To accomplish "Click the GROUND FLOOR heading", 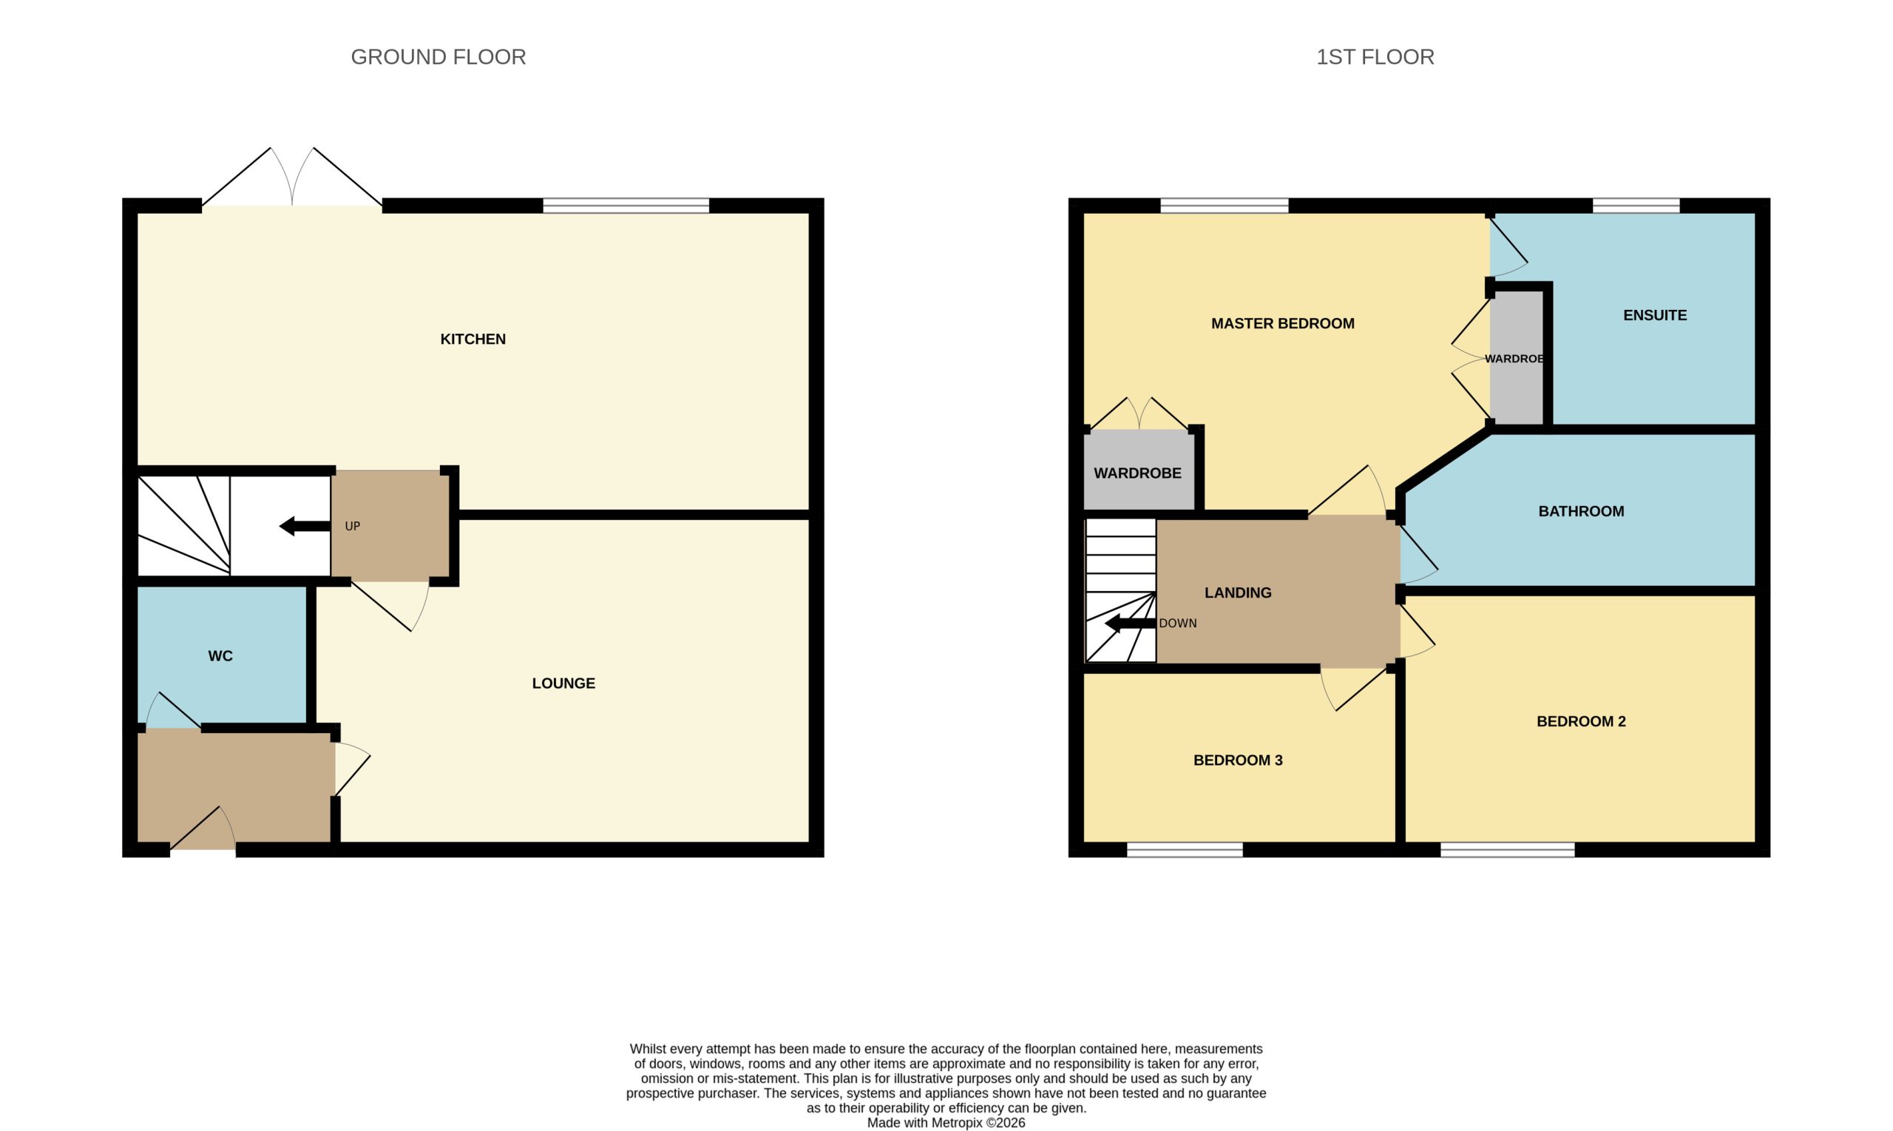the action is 438,57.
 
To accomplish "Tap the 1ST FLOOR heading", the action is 1375,57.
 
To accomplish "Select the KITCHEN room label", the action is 473,339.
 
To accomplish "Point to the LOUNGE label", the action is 563,683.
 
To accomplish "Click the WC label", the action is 220,656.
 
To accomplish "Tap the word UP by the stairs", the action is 352,527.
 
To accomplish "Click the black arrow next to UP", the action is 305,526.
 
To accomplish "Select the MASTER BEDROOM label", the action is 1283,324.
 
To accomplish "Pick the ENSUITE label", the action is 1655,316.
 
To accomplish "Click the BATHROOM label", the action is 1581,511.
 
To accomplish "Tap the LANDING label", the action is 1238,593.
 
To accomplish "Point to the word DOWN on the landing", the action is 1178,624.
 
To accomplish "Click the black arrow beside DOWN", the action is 1131,624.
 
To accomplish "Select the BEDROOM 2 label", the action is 1581,722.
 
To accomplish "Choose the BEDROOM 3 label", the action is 1238,760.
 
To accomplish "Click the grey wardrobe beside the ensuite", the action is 1516,358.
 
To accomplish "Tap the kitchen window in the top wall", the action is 626,206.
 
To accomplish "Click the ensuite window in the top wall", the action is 1636,206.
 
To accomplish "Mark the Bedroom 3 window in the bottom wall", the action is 1185,850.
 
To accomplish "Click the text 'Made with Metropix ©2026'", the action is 946,1123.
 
